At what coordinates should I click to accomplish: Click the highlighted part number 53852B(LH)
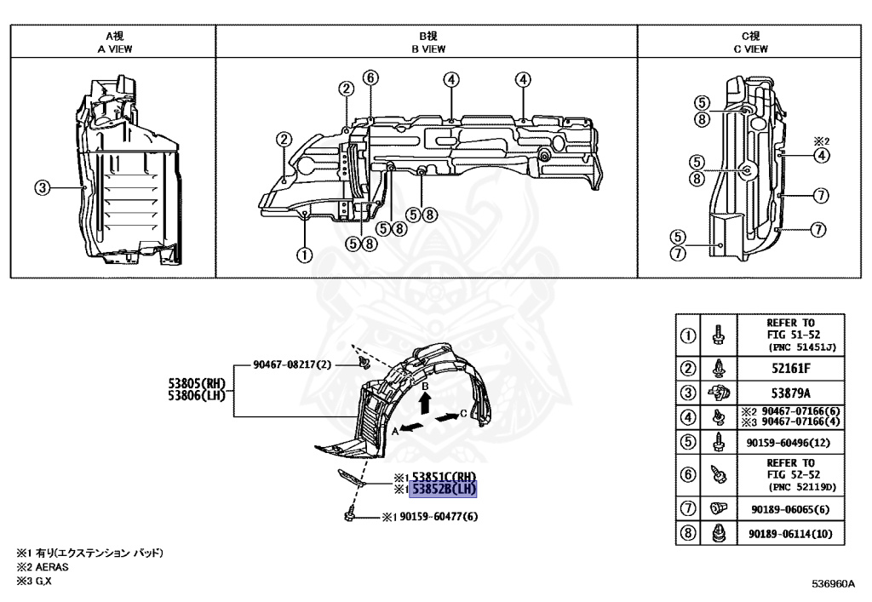coord(442,489)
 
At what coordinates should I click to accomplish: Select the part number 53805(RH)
coord(198,383)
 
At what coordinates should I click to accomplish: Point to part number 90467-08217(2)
coord(293,364)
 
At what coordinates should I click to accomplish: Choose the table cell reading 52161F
coord(790,370)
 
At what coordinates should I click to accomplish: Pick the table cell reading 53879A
coord(790,393)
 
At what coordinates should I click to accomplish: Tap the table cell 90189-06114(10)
coord(790,534)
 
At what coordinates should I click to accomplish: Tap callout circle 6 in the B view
coord(370,77)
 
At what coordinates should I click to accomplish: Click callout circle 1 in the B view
coord(305,254)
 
